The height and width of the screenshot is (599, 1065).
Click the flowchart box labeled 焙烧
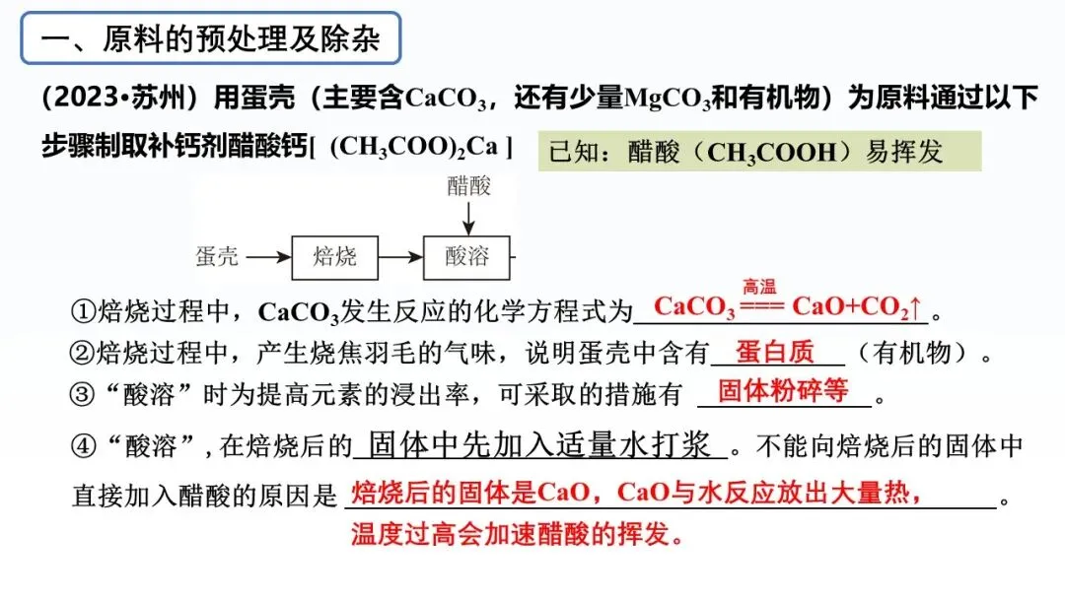334,258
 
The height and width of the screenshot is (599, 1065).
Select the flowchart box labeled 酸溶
466,258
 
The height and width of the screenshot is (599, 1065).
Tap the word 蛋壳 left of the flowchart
217,258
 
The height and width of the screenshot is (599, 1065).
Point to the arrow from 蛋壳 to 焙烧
268,258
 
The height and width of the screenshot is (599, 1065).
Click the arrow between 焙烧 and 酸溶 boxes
399,258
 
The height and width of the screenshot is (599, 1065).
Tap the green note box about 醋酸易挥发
759,152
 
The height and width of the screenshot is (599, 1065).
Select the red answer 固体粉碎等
783,391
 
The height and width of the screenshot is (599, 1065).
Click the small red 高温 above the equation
759,288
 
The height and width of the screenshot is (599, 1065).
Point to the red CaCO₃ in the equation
694,307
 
